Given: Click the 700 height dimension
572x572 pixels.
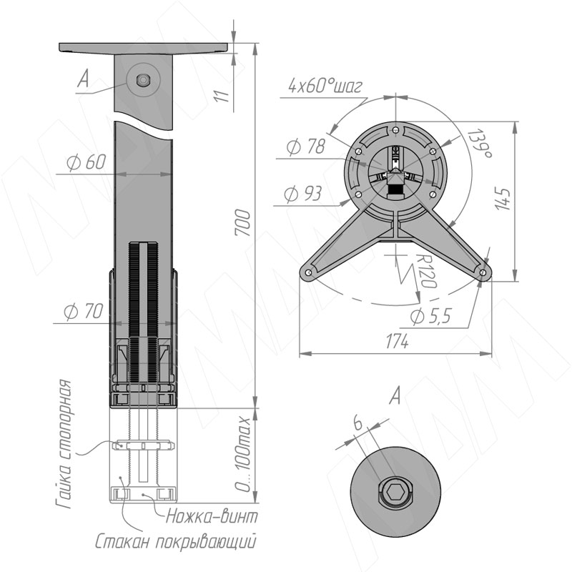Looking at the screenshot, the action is (243, 222).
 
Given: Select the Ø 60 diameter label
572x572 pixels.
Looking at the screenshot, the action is (87, 162).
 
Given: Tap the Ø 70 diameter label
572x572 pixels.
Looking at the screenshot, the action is (84, 311).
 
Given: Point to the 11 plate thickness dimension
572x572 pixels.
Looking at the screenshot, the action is (222, 96).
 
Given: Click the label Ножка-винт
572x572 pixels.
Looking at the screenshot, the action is (212, 516).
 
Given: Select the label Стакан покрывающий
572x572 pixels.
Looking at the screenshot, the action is (175, 542).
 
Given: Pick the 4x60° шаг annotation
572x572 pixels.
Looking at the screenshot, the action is (325, 86).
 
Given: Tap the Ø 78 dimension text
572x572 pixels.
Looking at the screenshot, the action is (306, 147).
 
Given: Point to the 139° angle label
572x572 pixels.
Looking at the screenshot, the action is (480, 144).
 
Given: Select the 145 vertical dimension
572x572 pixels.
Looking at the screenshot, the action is (503, 199).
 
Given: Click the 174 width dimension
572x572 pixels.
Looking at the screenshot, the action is (397, 342).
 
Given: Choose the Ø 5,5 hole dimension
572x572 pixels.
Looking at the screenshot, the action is (431, 316).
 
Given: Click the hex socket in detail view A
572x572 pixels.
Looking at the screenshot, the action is (395, 493).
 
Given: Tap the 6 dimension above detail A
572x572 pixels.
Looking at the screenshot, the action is (358, 424).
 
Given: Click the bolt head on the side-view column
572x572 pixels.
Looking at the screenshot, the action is (144, 80).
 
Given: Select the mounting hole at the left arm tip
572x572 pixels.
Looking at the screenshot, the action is (309, 272).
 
